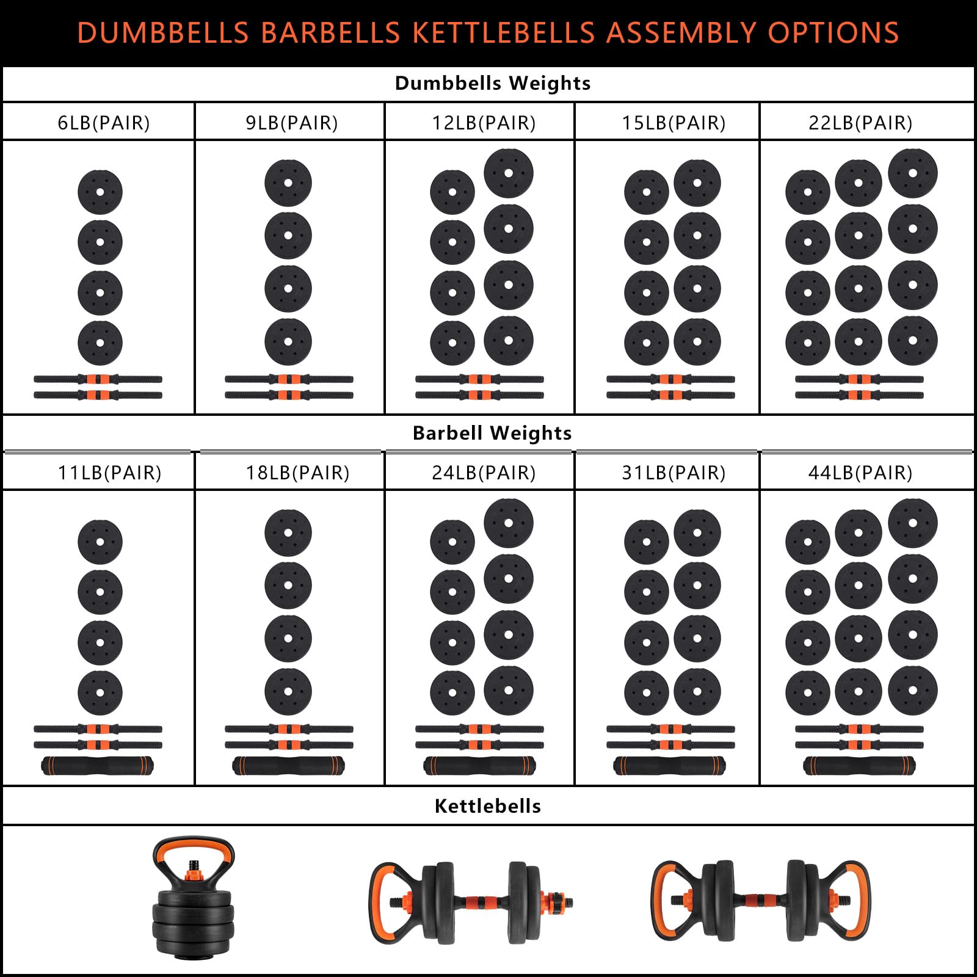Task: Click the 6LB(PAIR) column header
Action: [x=103, y=123]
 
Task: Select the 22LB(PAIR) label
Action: [x=860, y=123]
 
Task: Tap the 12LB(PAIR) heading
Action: [x=484, y=123]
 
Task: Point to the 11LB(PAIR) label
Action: [x=109, y=473]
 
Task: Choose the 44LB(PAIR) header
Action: [x=860, y=473]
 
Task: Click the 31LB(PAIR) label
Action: [x=674, y=473]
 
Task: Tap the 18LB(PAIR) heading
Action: [x=297, y=473]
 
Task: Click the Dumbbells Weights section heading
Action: [x=493, y=83]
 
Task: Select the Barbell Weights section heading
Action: [x=492, y=433]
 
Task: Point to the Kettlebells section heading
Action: [x=488, y=806]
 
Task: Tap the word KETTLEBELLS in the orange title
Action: [x=504, y=33]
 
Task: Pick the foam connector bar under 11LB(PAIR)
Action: [x=98, y=765]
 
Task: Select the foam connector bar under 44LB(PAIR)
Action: [x=859, y=765]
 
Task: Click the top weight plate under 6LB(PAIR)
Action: [x=100, y=192]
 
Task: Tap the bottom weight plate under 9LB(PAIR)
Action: [x=288, y=341]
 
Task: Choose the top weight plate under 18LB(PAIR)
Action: [x=288, y=532]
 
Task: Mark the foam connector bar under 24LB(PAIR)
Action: [x=479, y=765]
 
